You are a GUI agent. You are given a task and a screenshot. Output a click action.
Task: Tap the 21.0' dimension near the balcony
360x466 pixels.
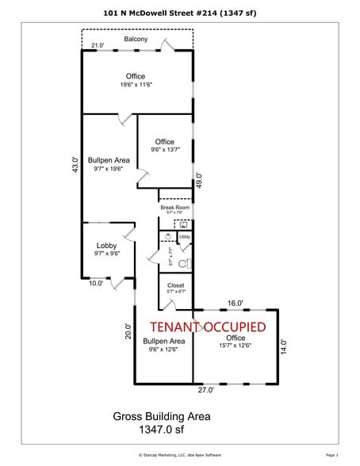coord(98,47)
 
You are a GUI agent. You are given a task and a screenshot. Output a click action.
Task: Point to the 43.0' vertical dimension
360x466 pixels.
coord(76,166)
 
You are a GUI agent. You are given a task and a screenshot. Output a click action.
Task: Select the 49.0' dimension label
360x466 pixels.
coord(199,180)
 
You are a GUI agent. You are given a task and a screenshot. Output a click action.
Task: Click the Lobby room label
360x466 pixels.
coord(106,246)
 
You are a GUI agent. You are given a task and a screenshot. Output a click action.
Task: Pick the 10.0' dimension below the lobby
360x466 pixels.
coord(96,284)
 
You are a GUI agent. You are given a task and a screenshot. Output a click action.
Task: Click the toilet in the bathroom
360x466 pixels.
coord(184,262)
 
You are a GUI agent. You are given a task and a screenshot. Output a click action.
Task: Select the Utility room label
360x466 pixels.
coord(185,236)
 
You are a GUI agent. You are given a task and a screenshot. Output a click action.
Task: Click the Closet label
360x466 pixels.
coord(175,285)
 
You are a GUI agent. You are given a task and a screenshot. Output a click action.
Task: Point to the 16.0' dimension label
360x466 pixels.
coord(236,304)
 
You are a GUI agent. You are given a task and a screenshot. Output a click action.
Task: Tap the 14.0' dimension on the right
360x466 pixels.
coord(283,346)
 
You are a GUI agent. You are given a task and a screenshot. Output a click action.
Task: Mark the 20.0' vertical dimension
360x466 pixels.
coord(127,330)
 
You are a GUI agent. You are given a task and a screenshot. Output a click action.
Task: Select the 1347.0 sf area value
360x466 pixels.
coord(162,431)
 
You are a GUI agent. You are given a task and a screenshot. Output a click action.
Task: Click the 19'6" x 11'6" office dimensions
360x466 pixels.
coord(138,84)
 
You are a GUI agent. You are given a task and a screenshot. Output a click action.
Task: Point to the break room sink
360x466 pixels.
coord(183,224)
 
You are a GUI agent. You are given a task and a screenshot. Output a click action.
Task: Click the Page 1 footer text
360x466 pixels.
coord(331,456)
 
